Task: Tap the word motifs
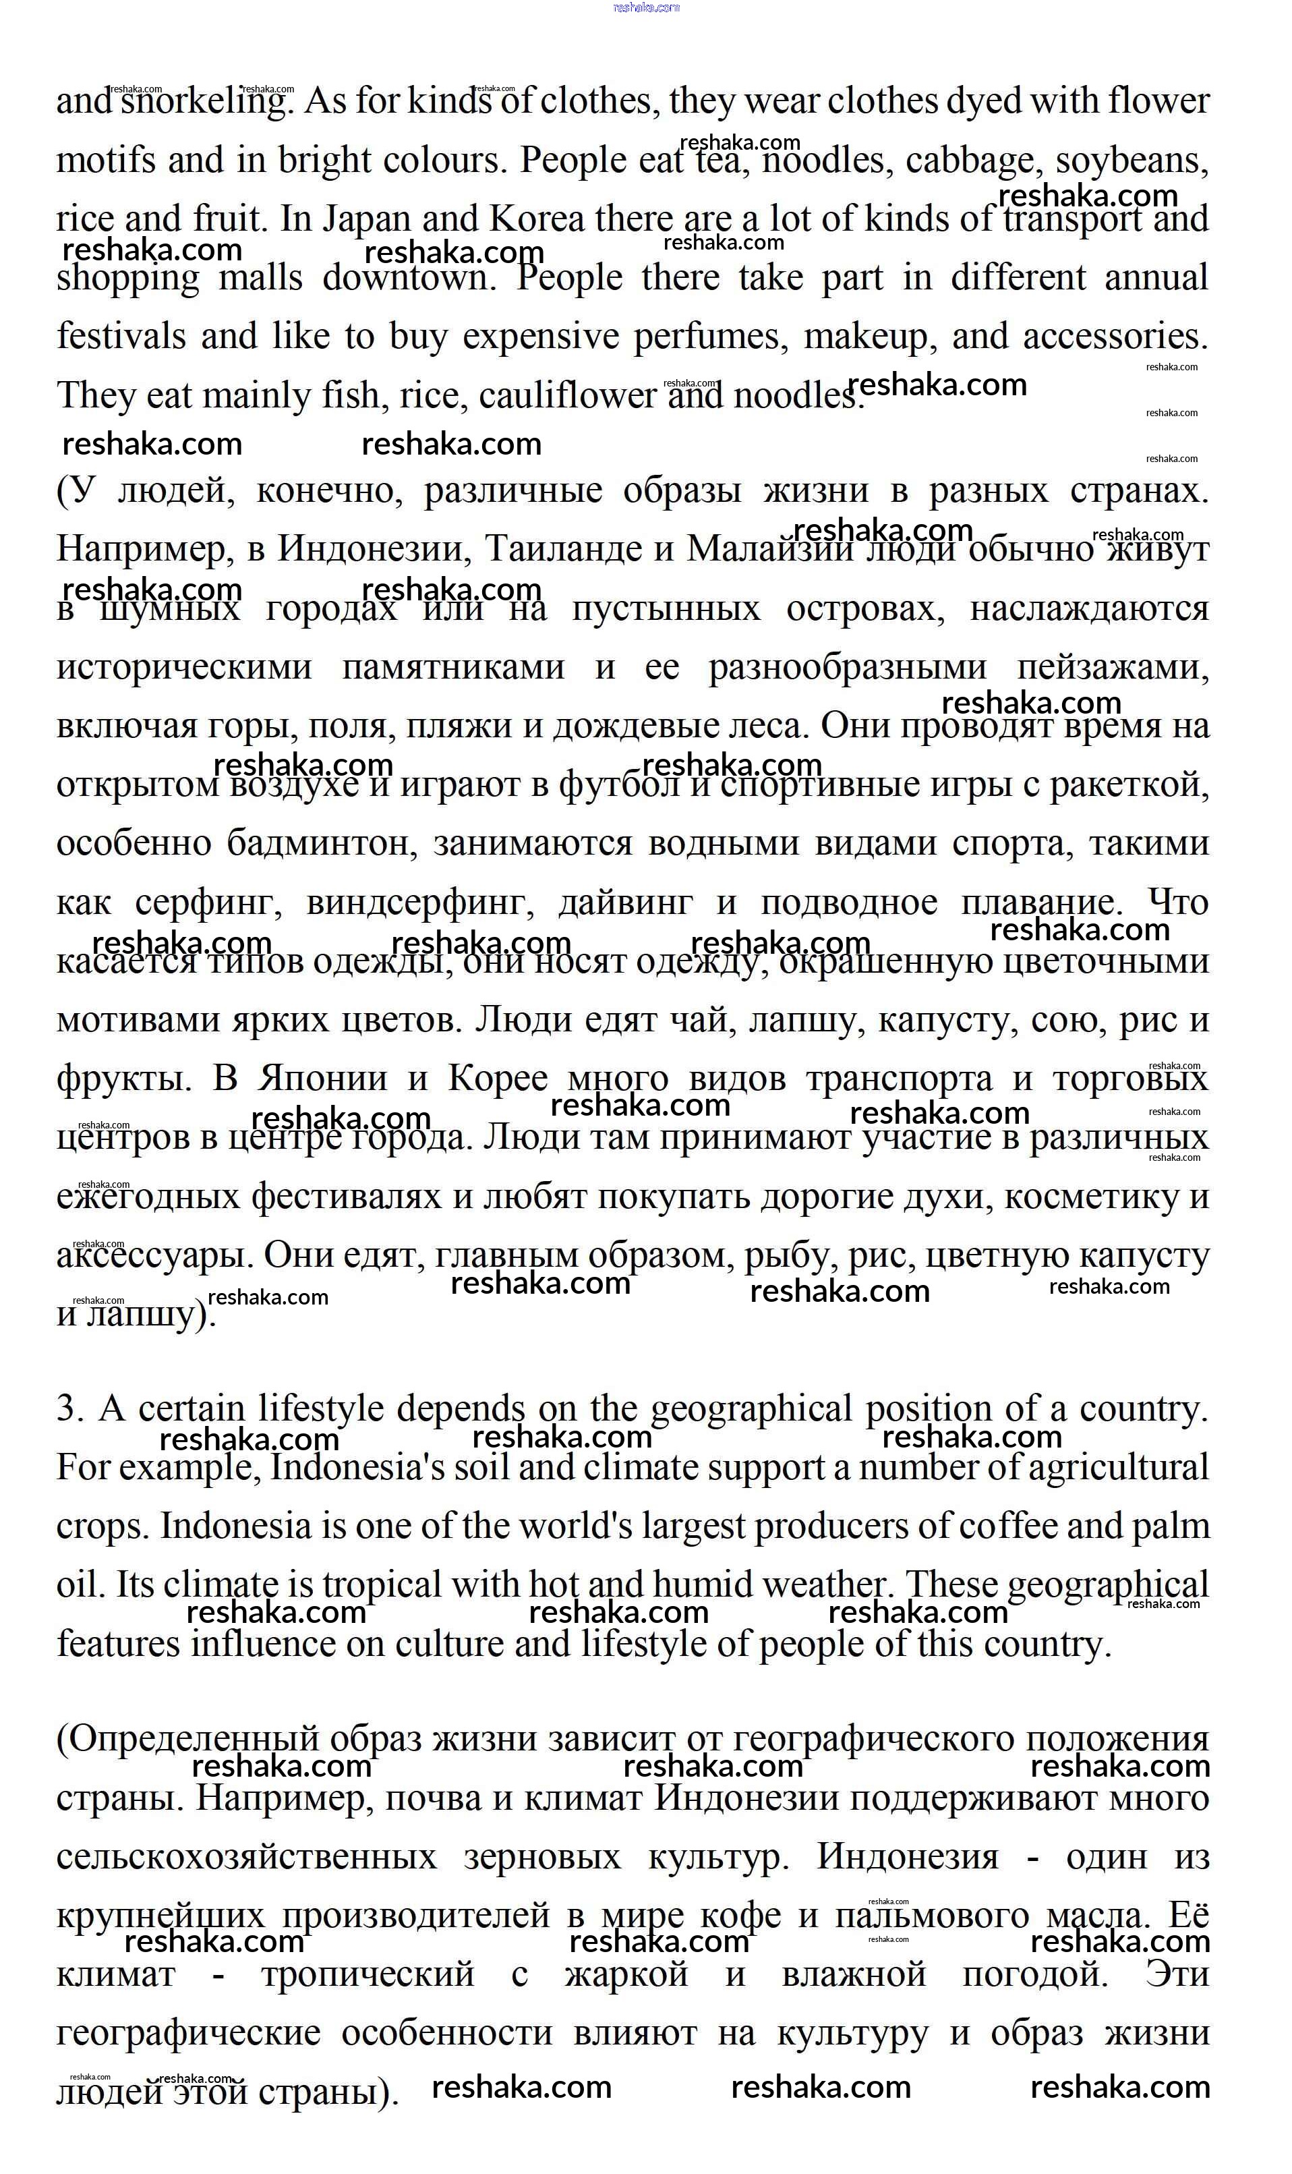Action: coord(105,160)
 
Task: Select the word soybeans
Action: coord(1131,160)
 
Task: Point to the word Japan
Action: coord(365,219)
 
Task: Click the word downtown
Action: coord(409,278)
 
